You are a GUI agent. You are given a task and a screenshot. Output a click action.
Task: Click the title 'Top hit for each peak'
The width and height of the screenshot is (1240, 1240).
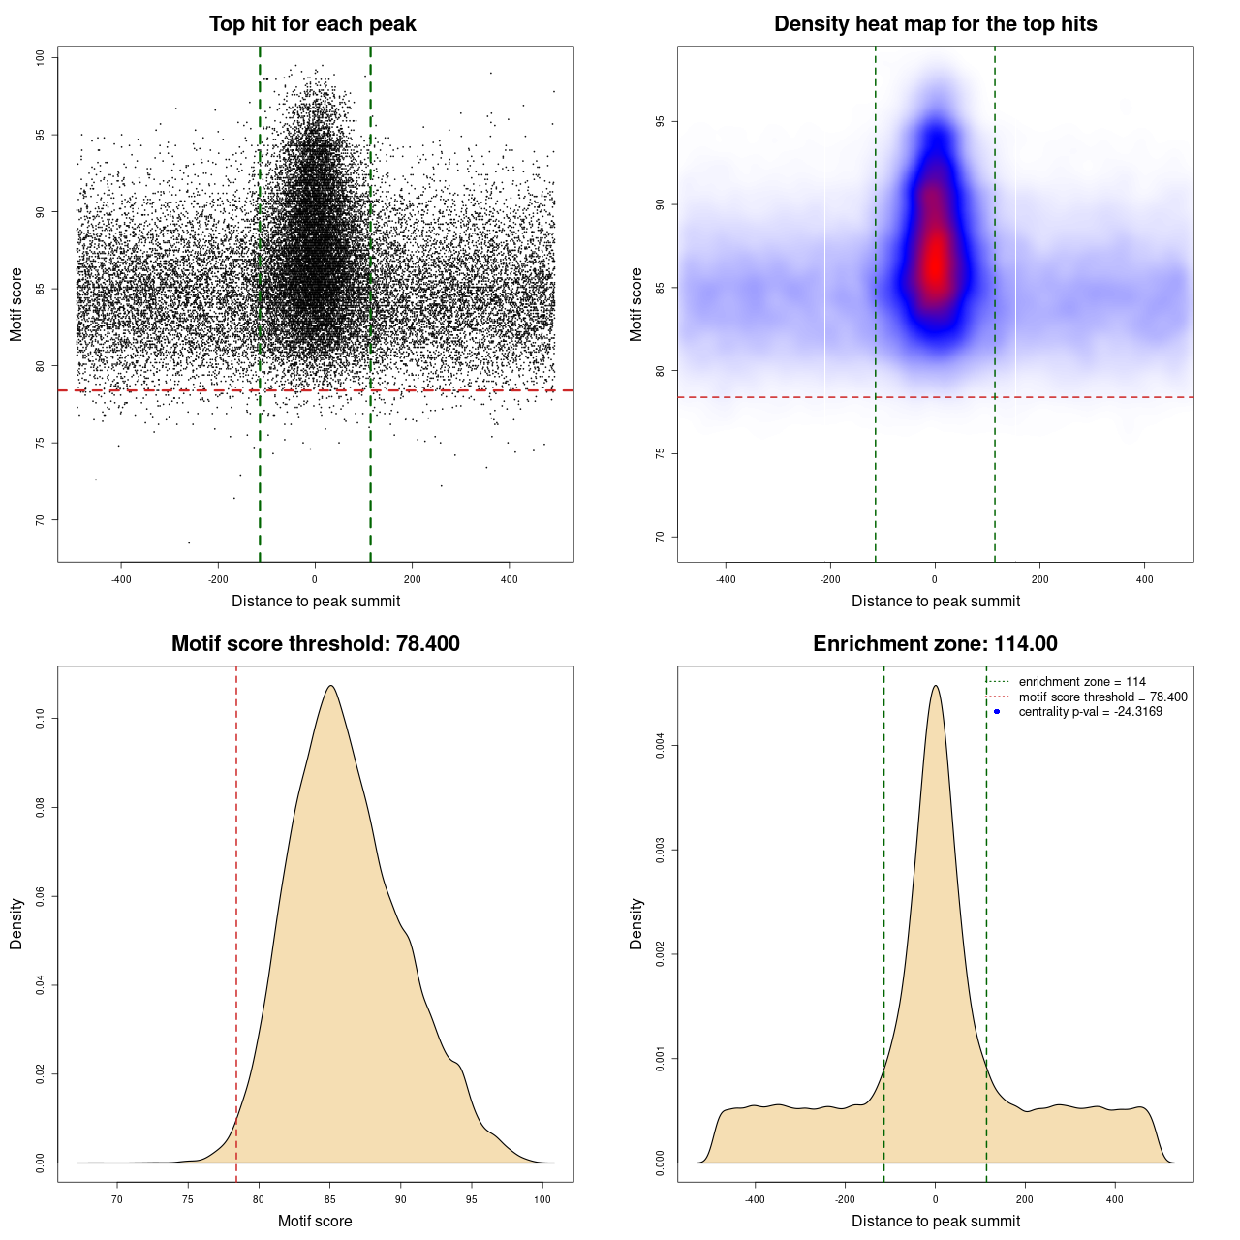[313, 24]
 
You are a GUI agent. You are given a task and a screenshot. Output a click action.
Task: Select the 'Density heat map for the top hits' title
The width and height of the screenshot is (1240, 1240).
[935, 24]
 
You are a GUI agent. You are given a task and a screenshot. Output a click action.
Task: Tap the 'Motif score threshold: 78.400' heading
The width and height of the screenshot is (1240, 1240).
[315, 644]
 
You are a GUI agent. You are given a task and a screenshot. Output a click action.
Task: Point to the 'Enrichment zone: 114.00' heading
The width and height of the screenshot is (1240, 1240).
[935, 644]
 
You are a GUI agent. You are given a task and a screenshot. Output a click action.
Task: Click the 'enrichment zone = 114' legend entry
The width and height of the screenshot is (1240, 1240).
[1082, 682]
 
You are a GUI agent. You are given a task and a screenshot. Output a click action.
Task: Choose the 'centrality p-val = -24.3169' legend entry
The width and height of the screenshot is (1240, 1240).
[1090, 712]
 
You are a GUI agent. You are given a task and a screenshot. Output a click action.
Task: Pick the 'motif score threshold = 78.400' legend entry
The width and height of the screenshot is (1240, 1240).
[1102, 697]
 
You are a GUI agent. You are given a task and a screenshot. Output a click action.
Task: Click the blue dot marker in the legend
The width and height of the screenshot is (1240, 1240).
[997, 712]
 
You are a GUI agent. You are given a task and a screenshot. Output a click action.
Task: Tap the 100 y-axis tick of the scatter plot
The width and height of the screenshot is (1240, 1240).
[41, 58]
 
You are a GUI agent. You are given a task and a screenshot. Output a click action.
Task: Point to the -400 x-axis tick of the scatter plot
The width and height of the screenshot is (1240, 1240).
[121, 579]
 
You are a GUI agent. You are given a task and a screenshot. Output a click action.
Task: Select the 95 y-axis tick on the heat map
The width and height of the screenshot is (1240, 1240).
[661, 121]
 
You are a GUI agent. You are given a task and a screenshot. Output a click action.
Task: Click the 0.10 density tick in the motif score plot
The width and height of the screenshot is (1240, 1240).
[41, 718]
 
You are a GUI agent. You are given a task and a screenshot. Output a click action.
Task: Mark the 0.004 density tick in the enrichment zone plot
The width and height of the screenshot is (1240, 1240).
[661, 745]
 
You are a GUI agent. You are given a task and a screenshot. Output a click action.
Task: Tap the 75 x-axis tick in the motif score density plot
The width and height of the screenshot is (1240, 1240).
[188, 1199]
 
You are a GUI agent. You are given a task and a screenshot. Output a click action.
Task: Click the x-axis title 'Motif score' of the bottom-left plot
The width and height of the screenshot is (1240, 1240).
[315, 1221]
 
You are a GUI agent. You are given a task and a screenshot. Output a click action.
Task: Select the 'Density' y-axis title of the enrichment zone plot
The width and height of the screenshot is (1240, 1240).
[636, 923]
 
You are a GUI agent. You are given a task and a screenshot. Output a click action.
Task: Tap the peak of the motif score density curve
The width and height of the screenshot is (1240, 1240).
[331, 686]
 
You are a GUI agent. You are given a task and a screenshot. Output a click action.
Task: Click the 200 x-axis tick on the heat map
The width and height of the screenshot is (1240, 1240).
[1039, 579]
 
